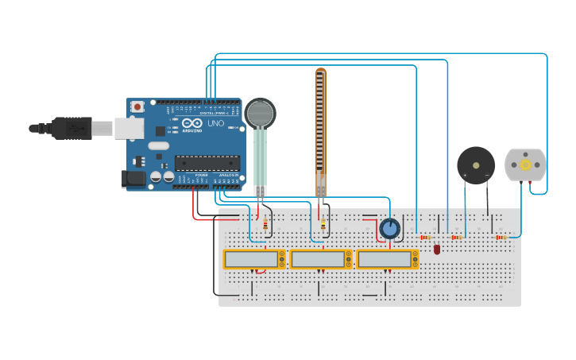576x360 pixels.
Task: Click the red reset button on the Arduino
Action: pos(137,106)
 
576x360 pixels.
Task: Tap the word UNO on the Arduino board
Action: pos(215,123)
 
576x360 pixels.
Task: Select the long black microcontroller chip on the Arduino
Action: pos(207,162)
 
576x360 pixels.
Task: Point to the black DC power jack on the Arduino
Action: pos(133,180)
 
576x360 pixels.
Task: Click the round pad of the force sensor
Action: pos(260,114)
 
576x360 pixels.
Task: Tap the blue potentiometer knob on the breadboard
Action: pos(390,229)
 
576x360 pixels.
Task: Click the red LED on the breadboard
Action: pos(437,250)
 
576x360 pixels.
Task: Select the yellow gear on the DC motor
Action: pos(526,165)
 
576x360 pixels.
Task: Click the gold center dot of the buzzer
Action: pos(476,165)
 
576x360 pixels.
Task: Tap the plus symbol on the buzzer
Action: pos(465,175)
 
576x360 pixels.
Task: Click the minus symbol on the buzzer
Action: pos(487,175)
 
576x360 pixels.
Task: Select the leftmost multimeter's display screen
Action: pos(250,259)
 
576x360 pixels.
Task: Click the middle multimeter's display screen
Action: pos(317,259)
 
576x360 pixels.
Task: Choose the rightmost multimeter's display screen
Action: pos(384,259)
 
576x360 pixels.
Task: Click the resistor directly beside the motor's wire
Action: pos(501,237)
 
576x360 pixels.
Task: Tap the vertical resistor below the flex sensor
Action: pos(323,226)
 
